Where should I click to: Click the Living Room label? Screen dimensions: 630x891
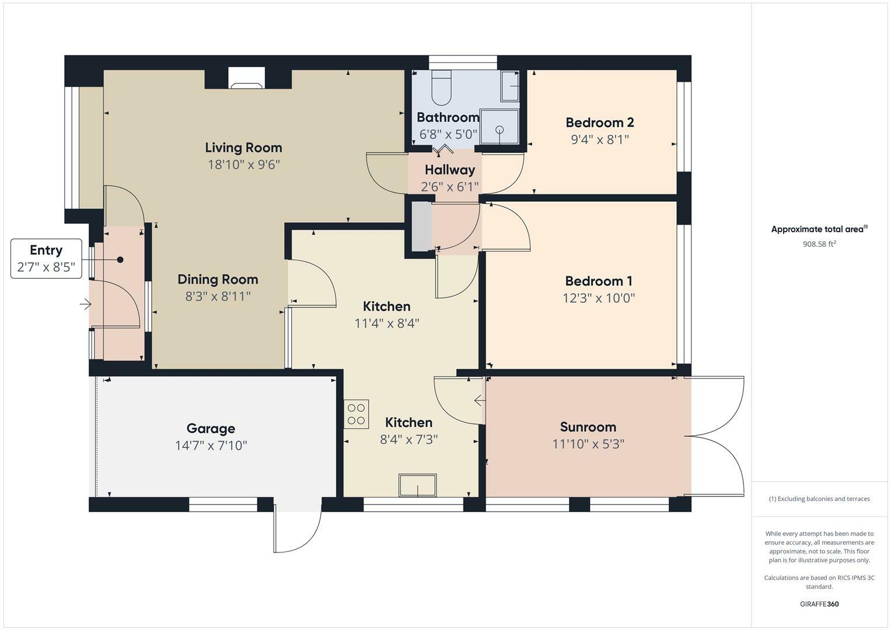coord(243,148)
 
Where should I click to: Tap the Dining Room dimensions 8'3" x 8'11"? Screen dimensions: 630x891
coord(218,296)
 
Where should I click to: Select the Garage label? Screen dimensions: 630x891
coord(211,429)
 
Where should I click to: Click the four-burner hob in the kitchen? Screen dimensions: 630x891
coord(356,414)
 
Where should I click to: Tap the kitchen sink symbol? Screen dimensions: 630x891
coord(417,485)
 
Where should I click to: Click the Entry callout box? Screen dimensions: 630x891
coord(46,258)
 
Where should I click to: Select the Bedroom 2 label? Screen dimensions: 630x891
coord(599,123)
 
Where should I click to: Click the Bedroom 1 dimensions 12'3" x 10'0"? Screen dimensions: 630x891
coord(598,298)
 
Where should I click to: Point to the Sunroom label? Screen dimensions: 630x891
coord(588,427)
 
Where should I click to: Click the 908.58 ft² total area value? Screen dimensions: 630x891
coord(819,244)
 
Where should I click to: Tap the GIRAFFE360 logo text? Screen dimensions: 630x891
coord(819,604)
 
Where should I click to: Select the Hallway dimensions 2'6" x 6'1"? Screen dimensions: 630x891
coord(449,187)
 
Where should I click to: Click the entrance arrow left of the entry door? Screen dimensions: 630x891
coord(86,304)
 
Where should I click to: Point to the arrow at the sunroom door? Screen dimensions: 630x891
coord(479,400)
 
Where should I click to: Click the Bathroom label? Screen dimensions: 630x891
coord(448,117)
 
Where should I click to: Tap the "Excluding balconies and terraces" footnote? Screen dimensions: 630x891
coord(819,499)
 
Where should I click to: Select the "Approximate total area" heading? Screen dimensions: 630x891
coord(819,229)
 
